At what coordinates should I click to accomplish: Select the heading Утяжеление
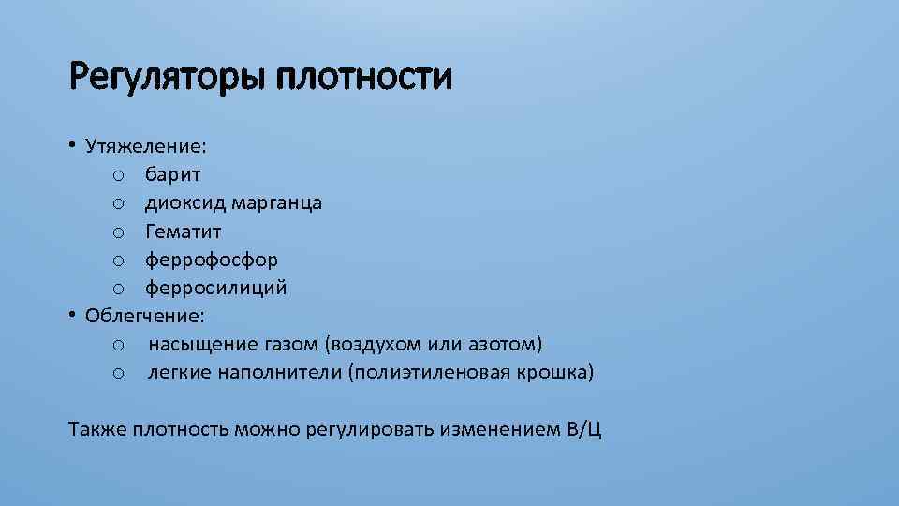[146, 147]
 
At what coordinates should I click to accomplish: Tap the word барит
[173, 175]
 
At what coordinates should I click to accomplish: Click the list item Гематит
[184, 231]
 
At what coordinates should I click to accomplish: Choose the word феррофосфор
[211, 260]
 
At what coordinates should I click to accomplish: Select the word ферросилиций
[215, 288]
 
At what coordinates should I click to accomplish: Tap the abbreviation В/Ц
[584, 430]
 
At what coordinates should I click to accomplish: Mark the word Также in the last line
[97, 430]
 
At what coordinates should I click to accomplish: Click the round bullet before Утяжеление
[72, 145]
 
